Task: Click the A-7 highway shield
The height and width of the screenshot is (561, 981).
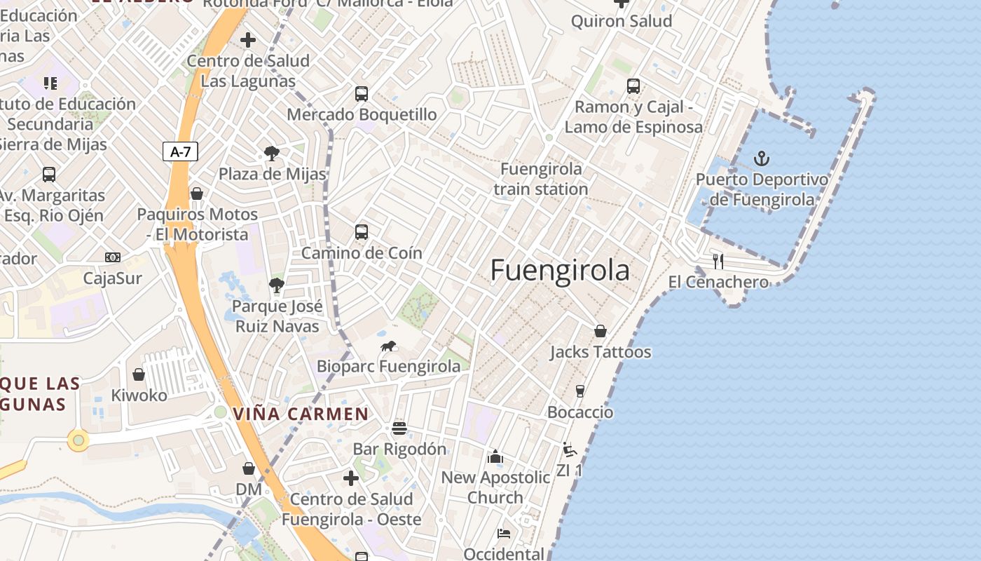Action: [x=180, y=151]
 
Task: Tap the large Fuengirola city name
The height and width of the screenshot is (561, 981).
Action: [x=560, y=270]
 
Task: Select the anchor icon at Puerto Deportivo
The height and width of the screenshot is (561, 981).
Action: [x=762, y=158]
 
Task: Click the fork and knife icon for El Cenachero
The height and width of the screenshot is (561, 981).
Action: [x=718, y=262]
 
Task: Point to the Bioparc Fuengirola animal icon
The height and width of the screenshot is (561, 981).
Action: [x=389, y=346]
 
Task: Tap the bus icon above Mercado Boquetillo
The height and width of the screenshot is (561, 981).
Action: [x=362, y=93]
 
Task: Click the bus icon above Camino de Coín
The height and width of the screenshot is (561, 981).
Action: [x=362, y=231]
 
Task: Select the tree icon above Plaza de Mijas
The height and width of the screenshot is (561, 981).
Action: [x=271, y=154]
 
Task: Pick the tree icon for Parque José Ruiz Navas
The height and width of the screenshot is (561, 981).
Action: [x=277, y=285]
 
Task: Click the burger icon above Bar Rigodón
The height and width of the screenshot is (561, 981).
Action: [x=399, y=428]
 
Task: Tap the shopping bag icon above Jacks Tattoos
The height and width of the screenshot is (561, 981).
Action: [x=601, y=331]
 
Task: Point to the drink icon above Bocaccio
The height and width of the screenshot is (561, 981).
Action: [x=580, y=391]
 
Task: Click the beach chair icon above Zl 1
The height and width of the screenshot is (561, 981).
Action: [x=570, y=450]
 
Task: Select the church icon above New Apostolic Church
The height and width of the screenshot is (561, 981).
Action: [x=495, y=457]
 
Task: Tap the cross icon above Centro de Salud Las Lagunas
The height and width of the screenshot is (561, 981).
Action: [x=248, y=40]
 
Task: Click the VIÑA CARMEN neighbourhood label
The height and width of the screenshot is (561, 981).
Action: [x=301, y=414]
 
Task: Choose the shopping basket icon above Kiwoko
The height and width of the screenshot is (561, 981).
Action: [x=139, y=374]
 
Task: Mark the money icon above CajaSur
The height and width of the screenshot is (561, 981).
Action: [x=113, y=257]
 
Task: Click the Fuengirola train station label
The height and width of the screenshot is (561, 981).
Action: [x=541, y=179]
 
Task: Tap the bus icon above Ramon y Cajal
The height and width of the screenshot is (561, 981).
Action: [x=633, y=86]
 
